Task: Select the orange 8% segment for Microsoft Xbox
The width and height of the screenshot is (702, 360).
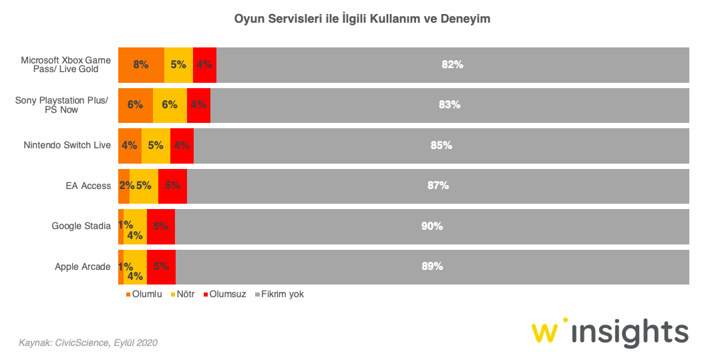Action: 141,65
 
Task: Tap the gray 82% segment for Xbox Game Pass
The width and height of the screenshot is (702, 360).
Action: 452,65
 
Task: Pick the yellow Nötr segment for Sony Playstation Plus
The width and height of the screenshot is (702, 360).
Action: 170,105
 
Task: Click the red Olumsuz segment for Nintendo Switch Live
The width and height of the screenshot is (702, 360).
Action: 182,145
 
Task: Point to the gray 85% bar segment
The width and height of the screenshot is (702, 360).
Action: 441,145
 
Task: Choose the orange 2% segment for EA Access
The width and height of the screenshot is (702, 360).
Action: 124,186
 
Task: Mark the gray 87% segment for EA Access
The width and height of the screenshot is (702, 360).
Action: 437,186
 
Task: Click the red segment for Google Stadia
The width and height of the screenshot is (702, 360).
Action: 160,226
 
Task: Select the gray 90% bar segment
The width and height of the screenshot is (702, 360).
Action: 431,226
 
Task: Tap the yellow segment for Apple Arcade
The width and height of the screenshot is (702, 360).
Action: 135,266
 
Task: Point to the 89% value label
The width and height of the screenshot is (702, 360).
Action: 432,266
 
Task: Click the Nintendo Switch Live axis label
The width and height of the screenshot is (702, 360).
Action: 67,145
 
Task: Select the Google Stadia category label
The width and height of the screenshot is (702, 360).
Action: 81,226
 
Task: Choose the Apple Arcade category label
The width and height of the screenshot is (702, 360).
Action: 83,266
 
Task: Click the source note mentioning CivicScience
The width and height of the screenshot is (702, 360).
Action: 88,343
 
